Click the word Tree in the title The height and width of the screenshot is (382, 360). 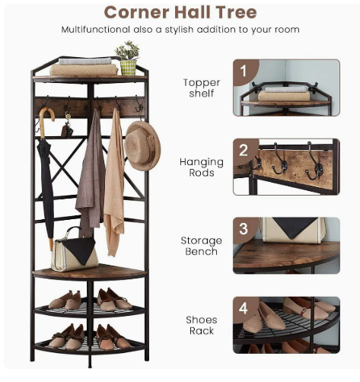pos(236,12)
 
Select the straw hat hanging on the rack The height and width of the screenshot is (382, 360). pos(142,145)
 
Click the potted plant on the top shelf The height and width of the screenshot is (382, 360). pos(128,58)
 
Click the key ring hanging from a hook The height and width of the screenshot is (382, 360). pos(67,126)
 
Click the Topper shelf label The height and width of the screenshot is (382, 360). pos(202,88)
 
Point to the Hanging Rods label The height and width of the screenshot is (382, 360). pos(202,167)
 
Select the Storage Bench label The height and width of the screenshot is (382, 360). pos(202,246)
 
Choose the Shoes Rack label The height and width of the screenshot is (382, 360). pos(202,325)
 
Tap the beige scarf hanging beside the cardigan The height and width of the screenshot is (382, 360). pos(114,183)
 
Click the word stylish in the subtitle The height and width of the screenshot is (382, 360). pos(179,30)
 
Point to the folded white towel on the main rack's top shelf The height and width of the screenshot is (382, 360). pos(85,61)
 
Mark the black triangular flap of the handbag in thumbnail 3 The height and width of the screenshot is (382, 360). pos(295,228)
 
